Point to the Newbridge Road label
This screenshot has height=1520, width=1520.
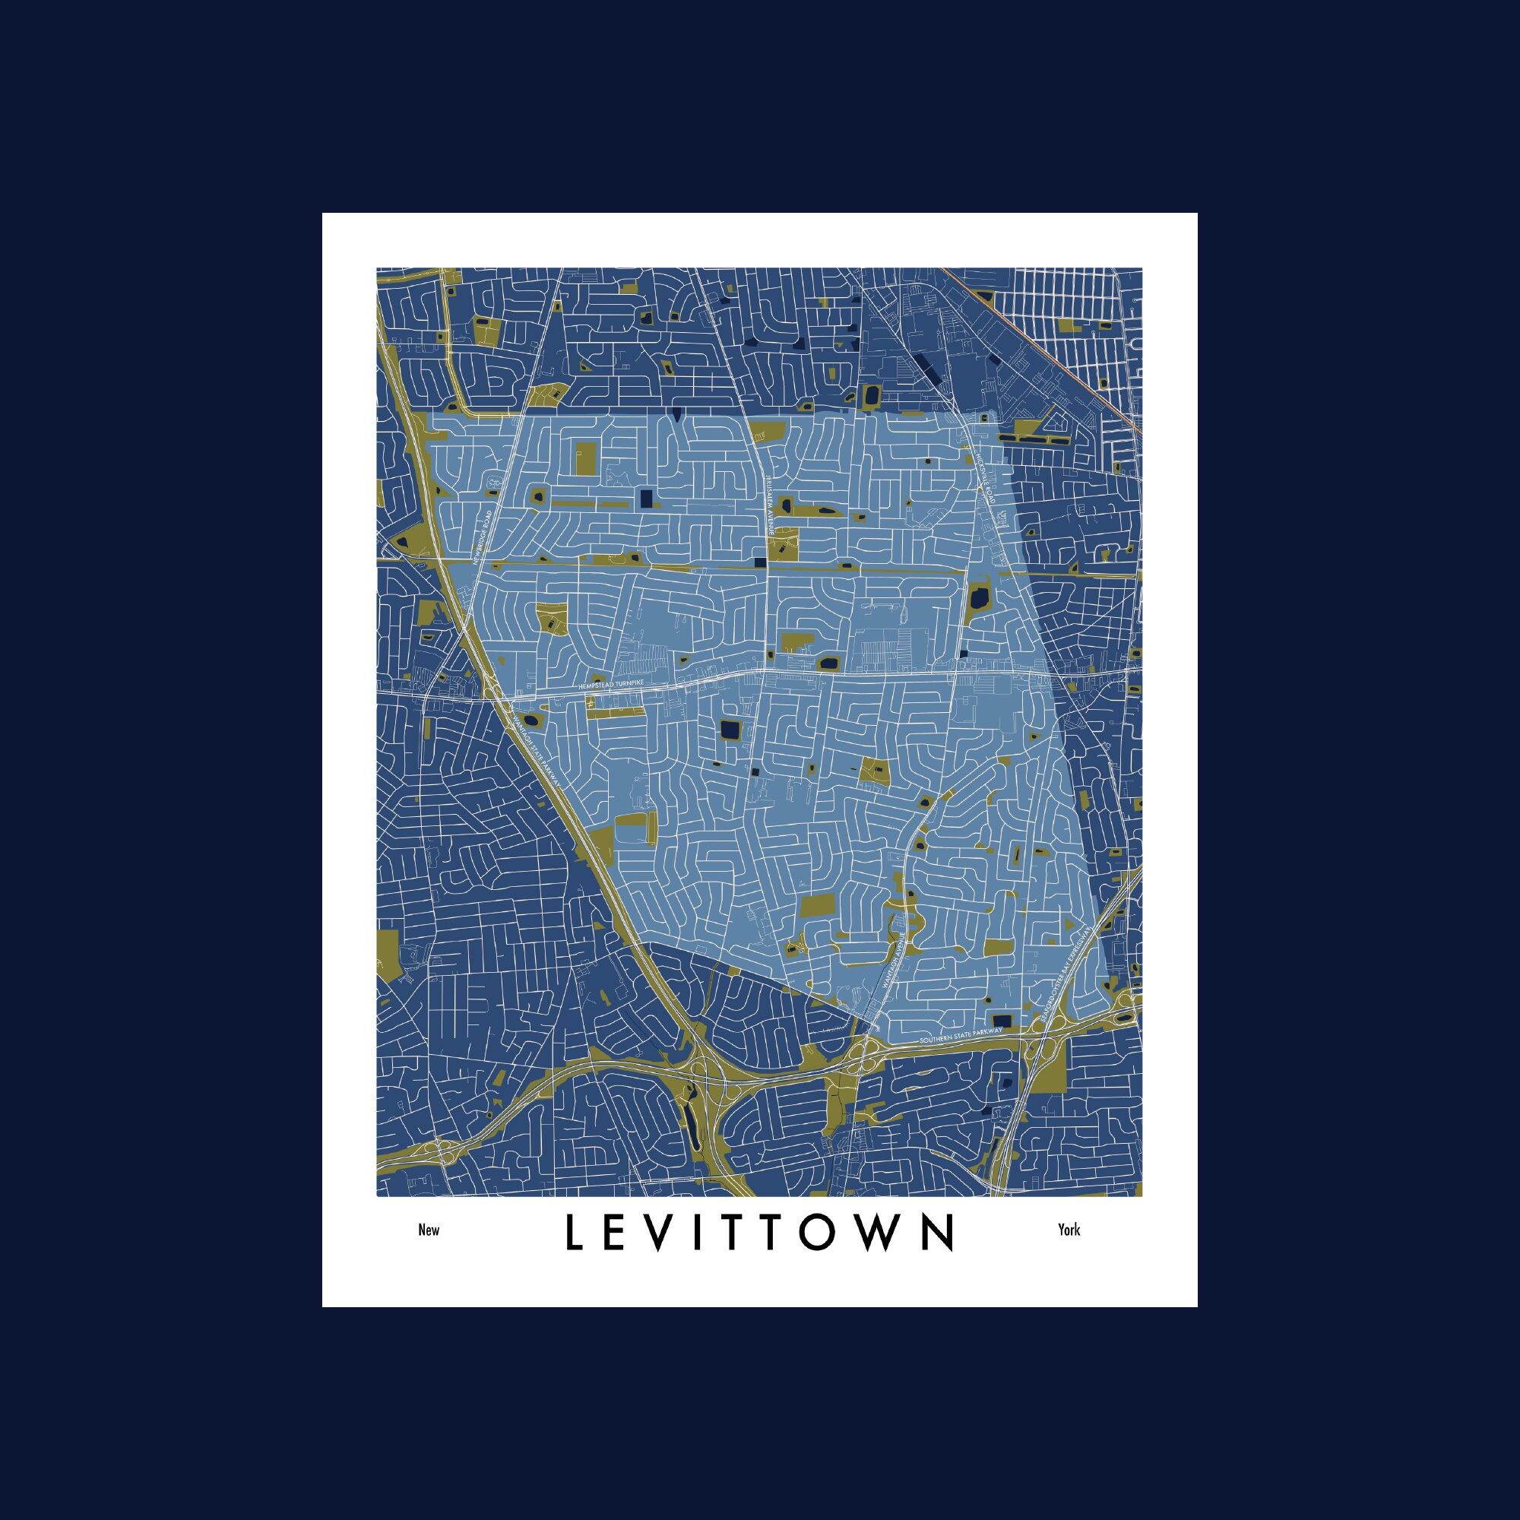[483, 537]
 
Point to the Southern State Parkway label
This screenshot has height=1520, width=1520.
[961, 1034]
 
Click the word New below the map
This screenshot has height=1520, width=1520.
[429, 1230]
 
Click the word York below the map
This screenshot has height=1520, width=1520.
[1069, 1230]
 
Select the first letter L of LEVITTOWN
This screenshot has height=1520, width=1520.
[573, 1233]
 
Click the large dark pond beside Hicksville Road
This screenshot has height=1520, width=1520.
[979, 598]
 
